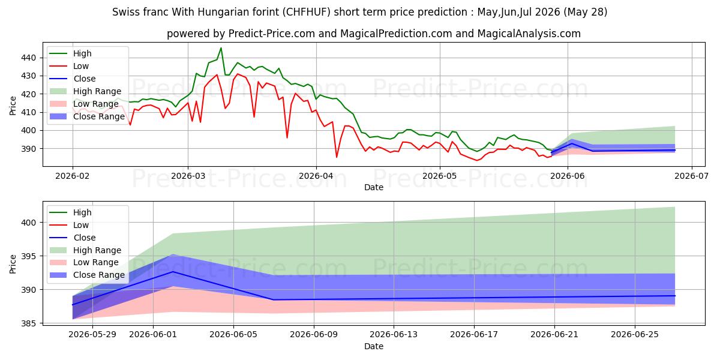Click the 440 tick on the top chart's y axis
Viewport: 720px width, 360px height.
[28, 58]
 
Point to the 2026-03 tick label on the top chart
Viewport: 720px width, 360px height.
[188, 176]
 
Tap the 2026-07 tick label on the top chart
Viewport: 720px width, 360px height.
[691, 176]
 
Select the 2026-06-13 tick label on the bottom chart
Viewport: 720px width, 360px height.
[394, 335]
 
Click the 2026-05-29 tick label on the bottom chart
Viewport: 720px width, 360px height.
[92, 335]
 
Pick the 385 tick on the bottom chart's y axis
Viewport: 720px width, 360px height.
[28, 323]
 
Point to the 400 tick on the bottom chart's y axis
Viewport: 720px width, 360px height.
[28, 223]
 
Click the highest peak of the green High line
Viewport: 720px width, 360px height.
[221, 48]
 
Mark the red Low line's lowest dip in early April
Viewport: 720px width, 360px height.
[337, 157]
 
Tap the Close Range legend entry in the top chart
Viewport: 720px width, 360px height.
[87, 116]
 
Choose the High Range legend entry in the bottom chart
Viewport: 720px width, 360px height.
[85, 250]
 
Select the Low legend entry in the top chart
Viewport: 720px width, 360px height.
[69, 66]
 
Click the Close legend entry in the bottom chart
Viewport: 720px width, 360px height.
[73, 238]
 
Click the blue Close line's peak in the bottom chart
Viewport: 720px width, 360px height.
[173, 272]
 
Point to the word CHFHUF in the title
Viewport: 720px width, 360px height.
[307, 12]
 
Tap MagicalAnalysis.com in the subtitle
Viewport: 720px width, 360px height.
[529, 34]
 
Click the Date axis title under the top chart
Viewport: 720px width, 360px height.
[373, 187]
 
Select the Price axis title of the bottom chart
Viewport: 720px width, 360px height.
[13, 264]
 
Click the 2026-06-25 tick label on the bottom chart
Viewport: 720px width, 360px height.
[635, 335]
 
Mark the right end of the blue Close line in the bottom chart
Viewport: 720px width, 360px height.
[675, 296]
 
